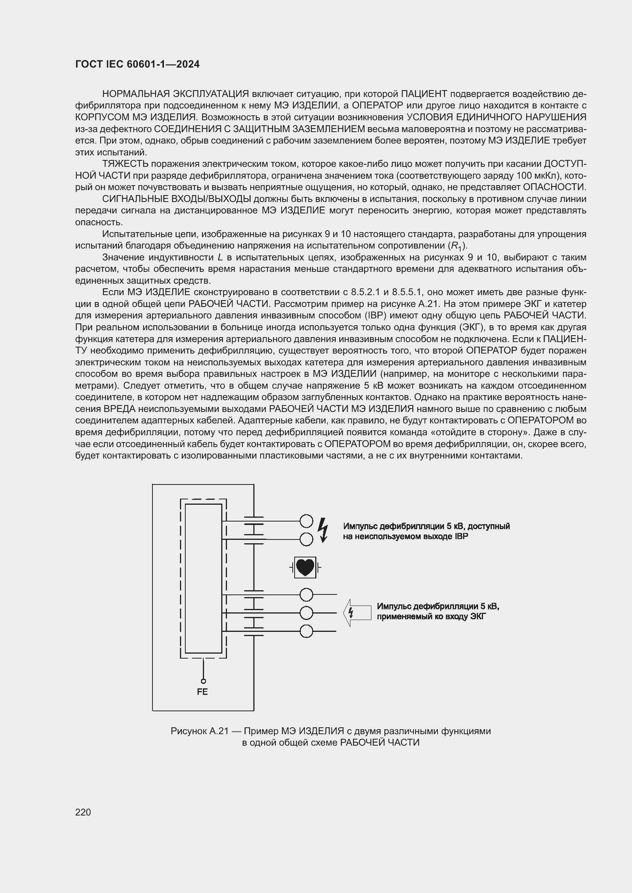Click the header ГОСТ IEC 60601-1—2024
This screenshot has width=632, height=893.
pos(138,65)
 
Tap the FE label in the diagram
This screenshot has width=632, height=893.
pos(203,692)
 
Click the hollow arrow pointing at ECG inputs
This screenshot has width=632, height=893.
pos(357,612)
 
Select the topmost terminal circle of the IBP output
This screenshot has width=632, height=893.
pos(307,521)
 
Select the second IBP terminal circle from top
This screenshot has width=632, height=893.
pos(307,539)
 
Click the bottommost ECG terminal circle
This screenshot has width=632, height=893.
pos(307,631)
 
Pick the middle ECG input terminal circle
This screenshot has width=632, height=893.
pos(307,613)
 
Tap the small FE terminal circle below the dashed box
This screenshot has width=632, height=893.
pos(203,681)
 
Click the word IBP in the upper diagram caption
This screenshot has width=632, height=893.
pos(462,536)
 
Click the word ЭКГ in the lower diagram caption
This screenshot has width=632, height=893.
pos(478,617)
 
